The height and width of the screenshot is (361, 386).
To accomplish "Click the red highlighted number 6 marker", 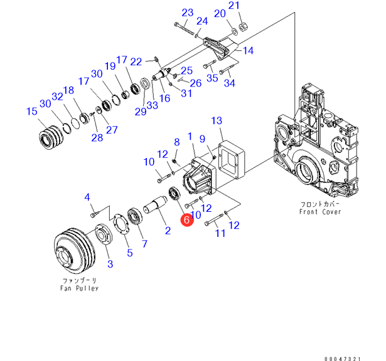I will click(x=186, y=220).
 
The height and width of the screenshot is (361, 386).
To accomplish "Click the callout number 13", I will click(x=217, y=120).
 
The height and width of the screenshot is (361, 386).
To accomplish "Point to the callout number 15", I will click(x=31, y=112).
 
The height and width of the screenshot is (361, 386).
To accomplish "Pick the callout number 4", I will click(x=88, y=198).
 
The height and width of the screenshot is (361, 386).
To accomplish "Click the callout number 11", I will click(x=220, y=234).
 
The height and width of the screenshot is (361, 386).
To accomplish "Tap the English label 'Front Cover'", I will click(x=320, y=212).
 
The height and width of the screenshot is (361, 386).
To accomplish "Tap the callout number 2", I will click(x=168, y=231).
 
